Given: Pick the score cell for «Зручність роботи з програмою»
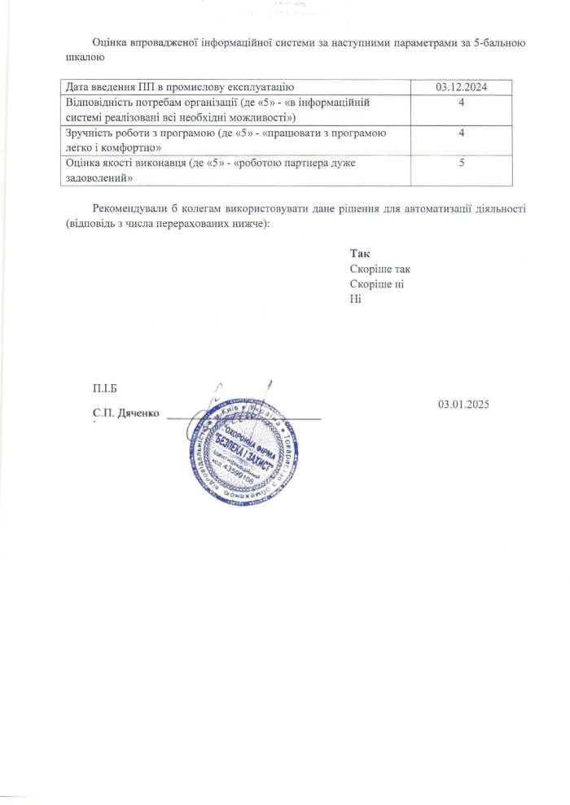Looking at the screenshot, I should pos(461,133).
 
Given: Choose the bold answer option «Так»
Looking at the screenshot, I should pos(359,254).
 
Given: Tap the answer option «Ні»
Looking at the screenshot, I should pos(354,298).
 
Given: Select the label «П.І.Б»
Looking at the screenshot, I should pos(107,388).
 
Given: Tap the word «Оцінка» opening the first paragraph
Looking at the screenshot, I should pos(112,42).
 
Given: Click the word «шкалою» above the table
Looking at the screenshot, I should pos(82,57).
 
